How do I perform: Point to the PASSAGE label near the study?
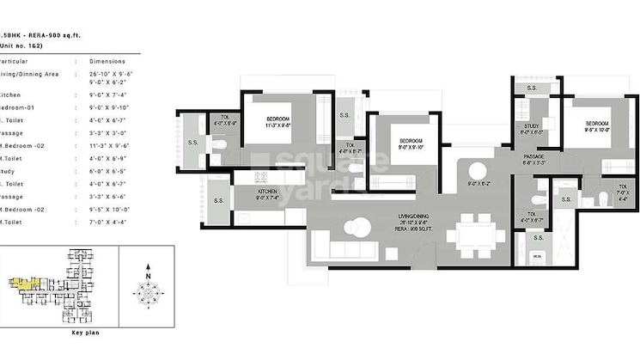pyautogui.click(x=533, y=156)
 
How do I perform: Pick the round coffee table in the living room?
pyautogui.click(x=352, y=229)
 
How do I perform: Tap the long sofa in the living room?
pyautogui.click(x=341, y=250)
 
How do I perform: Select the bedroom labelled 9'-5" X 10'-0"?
pyautogui.click(x=596, y=125)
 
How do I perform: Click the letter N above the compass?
pyautogui.click(x=148, y=266)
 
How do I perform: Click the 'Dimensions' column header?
pyautogui.click(x=107, y=61)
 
